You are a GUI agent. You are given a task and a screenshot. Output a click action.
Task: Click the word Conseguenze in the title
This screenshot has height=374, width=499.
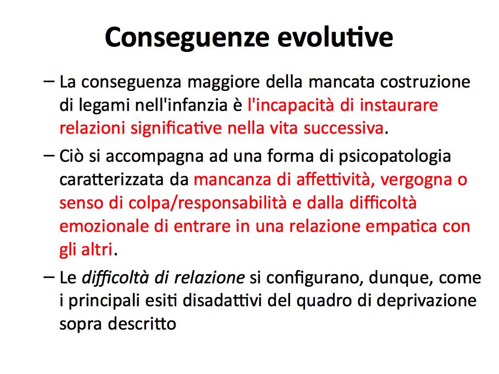tap(188, 38)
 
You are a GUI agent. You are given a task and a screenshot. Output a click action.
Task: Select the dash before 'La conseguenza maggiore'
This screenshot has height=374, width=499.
tap(49, 82)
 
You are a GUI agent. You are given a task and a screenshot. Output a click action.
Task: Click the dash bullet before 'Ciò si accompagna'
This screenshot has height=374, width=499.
tap(49, 155)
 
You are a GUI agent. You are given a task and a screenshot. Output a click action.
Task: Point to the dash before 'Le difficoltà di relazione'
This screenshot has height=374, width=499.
tap(49, 277)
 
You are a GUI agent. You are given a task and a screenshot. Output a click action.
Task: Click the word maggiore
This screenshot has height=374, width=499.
tap(224, 83)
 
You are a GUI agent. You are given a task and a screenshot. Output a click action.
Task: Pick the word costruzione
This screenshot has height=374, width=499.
tap(425, 82)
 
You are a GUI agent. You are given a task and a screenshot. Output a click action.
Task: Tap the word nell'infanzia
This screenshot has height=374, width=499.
tap(181, 105)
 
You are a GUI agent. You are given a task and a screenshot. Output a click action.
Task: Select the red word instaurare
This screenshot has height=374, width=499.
tap(399, 105)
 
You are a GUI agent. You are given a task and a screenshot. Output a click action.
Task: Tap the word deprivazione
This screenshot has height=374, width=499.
tap(426, 301)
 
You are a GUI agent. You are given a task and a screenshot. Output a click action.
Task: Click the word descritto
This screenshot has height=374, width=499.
tap(142, 324)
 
